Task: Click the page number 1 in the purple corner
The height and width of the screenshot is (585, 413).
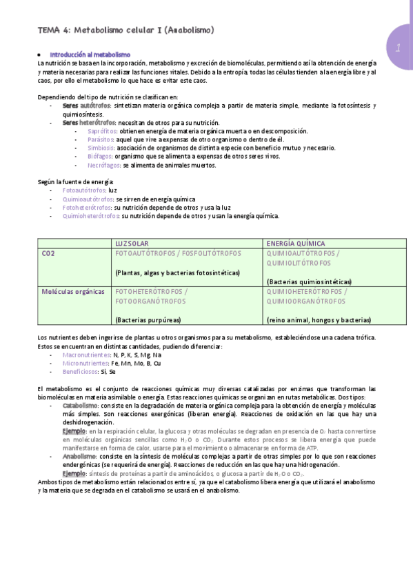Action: coord(398,48)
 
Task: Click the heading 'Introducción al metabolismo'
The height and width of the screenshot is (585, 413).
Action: coord(90,54)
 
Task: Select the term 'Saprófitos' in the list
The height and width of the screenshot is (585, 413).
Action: coord(102,131)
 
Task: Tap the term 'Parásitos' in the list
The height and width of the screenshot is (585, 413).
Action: coord(101,139)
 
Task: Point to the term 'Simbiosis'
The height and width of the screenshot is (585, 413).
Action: coord(101,148)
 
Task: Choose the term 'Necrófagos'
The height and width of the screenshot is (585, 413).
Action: coord(104,166)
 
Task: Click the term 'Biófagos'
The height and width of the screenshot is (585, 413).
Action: coord(100,157)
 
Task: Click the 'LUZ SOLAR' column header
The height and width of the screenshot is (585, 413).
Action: coord(132,244)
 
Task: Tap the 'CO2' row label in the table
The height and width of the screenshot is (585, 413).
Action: coord(48,253)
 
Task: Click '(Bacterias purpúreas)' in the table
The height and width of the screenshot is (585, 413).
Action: coord(148,320)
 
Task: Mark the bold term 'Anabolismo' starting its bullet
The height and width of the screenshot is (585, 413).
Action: coord(79,457)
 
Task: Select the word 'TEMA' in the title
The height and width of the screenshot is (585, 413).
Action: coord(48,31)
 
